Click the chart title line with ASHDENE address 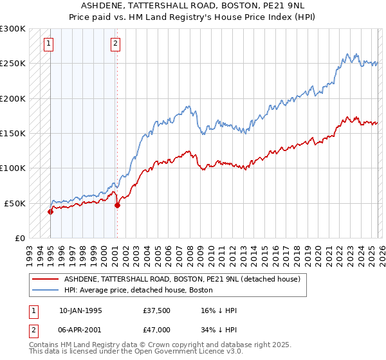192,5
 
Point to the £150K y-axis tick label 13,134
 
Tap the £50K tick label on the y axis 15,203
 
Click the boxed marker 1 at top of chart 49,44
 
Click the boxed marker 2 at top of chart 115,44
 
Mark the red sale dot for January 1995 50,212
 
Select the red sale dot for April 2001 117,206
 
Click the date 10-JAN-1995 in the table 80,310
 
